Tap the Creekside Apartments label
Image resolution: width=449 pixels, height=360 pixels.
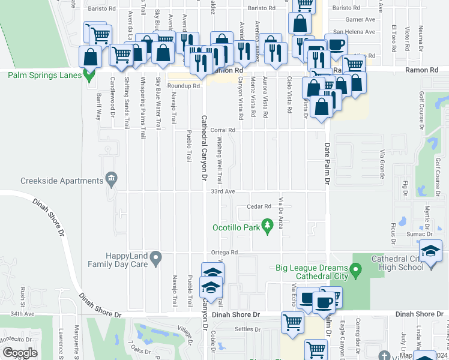(62, 181)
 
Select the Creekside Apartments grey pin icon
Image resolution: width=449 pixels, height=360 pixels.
(111, 178)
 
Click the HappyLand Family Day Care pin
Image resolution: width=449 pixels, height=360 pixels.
(155, 259)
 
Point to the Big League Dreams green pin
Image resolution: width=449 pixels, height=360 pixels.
(356, 272)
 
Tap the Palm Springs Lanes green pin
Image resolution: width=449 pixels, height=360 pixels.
(90, 76)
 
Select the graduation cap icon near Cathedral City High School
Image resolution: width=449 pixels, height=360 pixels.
(430, 251)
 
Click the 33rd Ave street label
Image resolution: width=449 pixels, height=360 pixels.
(222, 191)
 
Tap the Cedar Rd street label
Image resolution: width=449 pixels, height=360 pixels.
(259, 206)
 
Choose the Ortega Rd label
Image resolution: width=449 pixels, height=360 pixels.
(224, 252)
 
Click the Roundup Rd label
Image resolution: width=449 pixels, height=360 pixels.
(185, 86)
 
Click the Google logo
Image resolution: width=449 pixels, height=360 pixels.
(20, 353)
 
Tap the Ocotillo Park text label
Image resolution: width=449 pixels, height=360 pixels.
(236, 227)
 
